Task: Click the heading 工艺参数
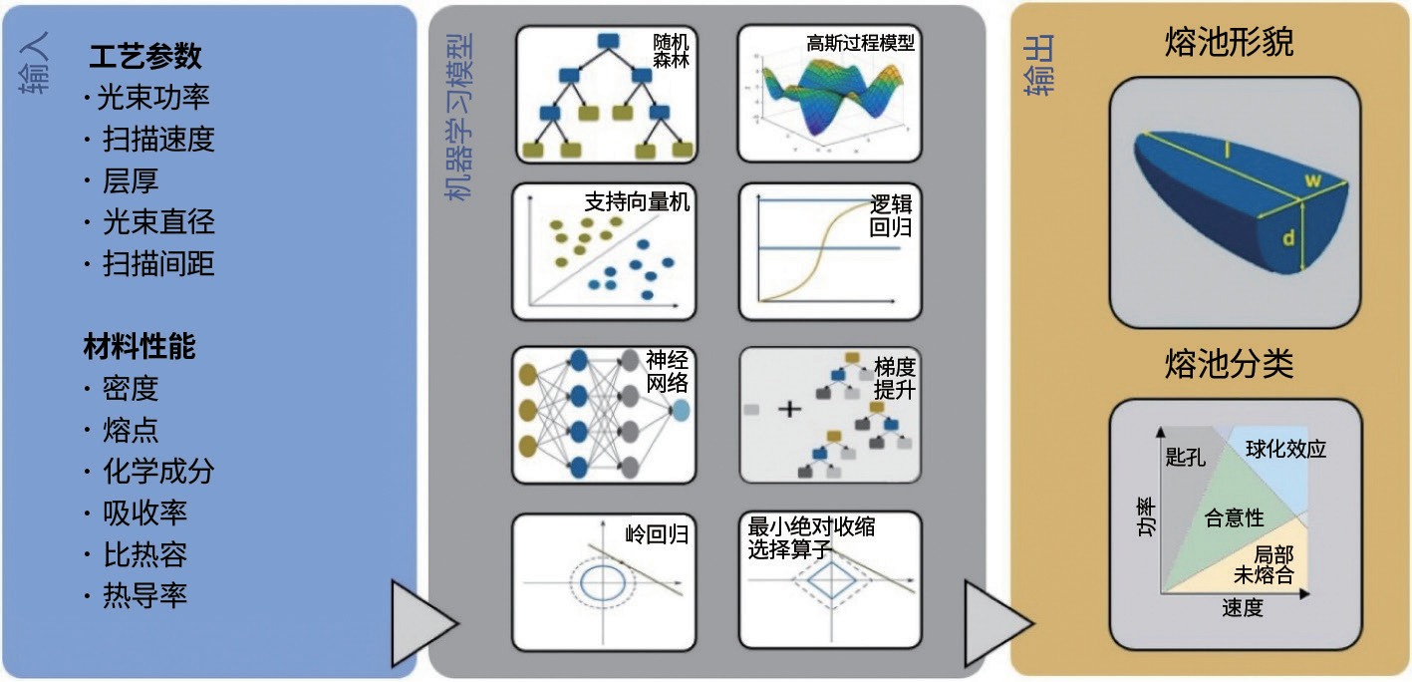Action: (x=144, y=56)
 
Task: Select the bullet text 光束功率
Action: (x=153, y=98)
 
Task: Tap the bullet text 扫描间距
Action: (x=158, y=263)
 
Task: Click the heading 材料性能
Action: (x=139, y=346)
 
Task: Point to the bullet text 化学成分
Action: (x=158, y=472)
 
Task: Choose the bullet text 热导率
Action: (x=144, y=596)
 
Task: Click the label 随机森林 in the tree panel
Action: (x=671, y=52)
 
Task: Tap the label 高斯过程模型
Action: (x=861, y=44)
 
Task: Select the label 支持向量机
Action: (x=637, y=201)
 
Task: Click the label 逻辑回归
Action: (x=890, y=215)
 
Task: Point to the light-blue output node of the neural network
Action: (x=681, y=411)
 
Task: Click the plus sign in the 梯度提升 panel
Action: (x=788, y=409)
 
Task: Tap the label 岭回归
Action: (x=657, y=534)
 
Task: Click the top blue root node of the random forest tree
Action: (x=610, y=41)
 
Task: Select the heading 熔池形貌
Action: (x=1230, y=42)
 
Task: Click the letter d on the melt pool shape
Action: (x=1288, y=238)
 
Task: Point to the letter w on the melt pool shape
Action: (x=1312, y=179)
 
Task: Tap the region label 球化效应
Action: (x=1285, y=450)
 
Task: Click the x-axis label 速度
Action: (x=1242, y=608)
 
